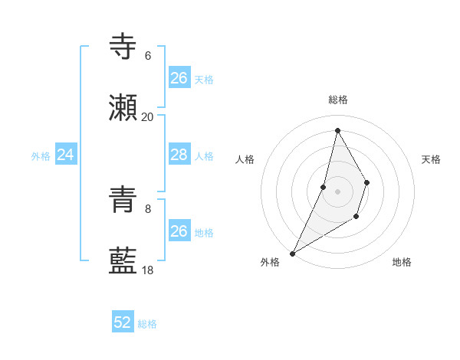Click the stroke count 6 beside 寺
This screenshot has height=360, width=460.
[147, 55]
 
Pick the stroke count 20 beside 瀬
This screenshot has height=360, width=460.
[147, 116]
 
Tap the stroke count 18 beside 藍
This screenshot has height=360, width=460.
[147, 270]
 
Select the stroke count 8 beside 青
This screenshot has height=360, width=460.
[147, 208]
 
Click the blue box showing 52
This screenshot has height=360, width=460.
[123, 322]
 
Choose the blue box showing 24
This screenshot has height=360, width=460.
[66, 155]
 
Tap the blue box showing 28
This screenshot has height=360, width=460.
[179, 155]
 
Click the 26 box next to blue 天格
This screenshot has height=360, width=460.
[179, 78]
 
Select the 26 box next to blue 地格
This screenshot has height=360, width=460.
[179, 231]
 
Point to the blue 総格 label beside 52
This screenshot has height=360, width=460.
[147, 324]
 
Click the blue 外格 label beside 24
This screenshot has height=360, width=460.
[41, 156]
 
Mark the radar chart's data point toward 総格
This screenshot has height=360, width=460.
[337, 129]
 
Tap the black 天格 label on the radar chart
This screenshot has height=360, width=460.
[432, 159]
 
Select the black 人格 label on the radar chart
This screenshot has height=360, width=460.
[245, 159]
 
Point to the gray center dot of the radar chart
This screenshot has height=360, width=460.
[337, 191]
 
